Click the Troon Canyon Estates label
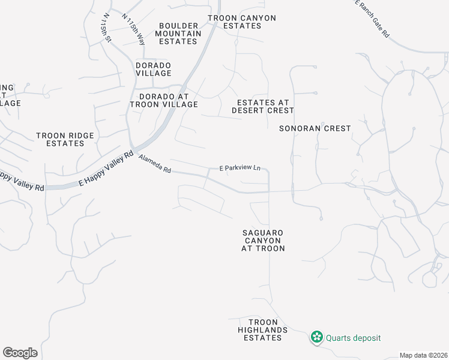coord(242,22)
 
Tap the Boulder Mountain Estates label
coord(178,34)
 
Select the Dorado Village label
coord(154,69)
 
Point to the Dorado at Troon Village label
coord(164,100)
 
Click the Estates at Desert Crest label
coord(263,107)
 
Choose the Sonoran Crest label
coord(315,128)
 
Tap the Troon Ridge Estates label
coord(65,140)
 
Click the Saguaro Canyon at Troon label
coord(263,240)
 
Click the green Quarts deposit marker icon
coord(316,338)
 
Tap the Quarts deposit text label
coord(354,338)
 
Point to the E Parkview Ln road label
coord(240,169)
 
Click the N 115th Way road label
coord(133,29)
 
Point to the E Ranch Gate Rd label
coord(372,19)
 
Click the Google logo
coord(20,353)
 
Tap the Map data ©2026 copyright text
coord(423,355)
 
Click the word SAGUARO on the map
coord(263,232)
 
